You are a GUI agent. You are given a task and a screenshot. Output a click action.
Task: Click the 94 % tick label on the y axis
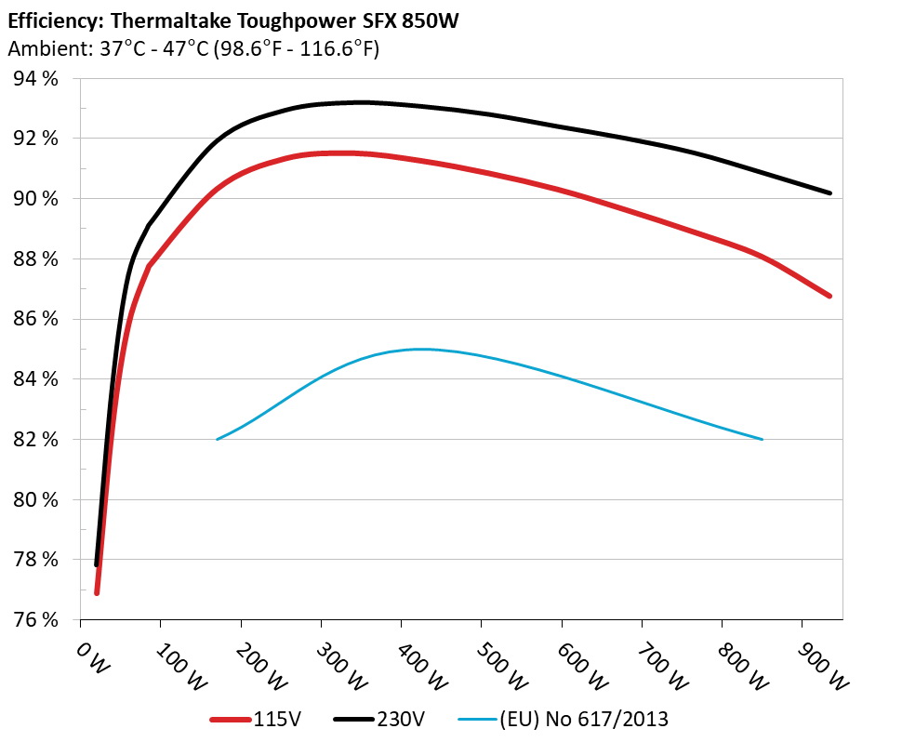(x=36, y=78)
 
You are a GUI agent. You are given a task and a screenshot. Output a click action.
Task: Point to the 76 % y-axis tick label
(x=36, y=619)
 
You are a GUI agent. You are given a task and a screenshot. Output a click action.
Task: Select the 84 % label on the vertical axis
(x=36, y=378)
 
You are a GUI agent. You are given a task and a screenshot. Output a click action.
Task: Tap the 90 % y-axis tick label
(x=36, y=198)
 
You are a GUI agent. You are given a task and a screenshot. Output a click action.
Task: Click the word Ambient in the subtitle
(x=38, y=49)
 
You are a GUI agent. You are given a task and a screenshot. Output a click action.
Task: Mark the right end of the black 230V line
(x=829, y=193)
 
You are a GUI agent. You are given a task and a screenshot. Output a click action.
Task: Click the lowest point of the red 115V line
(x=97, y=592)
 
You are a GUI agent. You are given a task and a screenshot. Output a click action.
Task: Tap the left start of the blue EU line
(x=217, y=439)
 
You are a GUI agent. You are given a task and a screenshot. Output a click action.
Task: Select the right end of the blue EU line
(x=763, y=439)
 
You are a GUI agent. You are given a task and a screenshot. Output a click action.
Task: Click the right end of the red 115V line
(x=829, y=296)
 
